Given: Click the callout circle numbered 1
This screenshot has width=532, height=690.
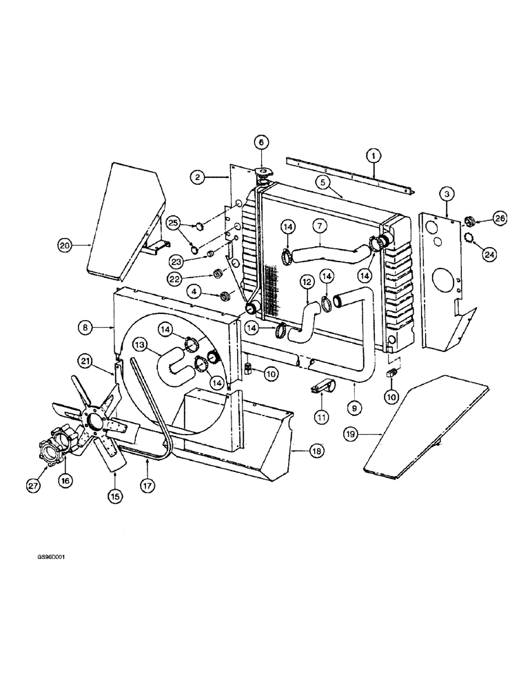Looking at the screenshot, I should [372, 157].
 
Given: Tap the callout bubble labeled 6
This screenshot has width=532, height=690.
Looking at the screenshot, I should [260, 143].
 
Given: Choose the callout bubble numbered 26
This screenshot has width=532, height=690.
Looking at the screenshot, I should [500, 219].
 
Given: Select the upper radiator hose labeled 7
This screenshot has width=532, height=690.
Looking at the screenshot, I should [324, 249].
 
